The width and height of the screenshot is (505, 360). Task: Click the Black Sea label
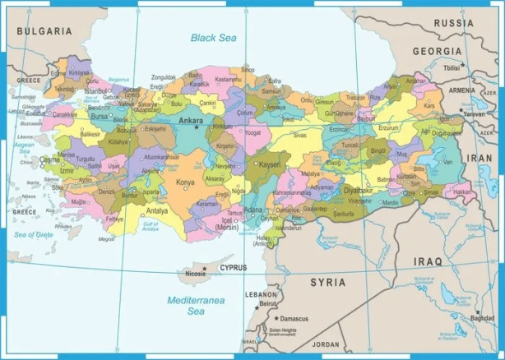[x=214, y=37]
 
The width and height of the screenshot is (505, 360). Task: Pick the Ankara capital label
[x=190, y=120]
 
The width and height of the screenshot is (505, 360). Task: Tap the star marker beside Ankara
[x=197, y=127]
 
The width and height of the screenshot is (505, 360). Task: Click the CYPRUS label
[x=232, y=267]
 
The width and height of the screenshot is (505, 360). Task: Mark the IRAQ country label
[x=427, y=261]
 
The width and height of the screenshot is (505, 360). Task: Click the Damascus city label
[x=294, y=318]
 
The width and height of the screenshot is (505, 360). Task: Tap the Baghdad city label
[x=483, y=318]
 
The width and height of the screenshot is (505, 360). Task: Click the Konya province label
[x=186, y=182]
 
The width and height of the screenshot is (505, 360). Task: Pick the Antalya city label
[x=156, y=210]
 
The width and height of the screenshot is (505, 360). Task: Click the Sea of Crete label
[x=33, y=234]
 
